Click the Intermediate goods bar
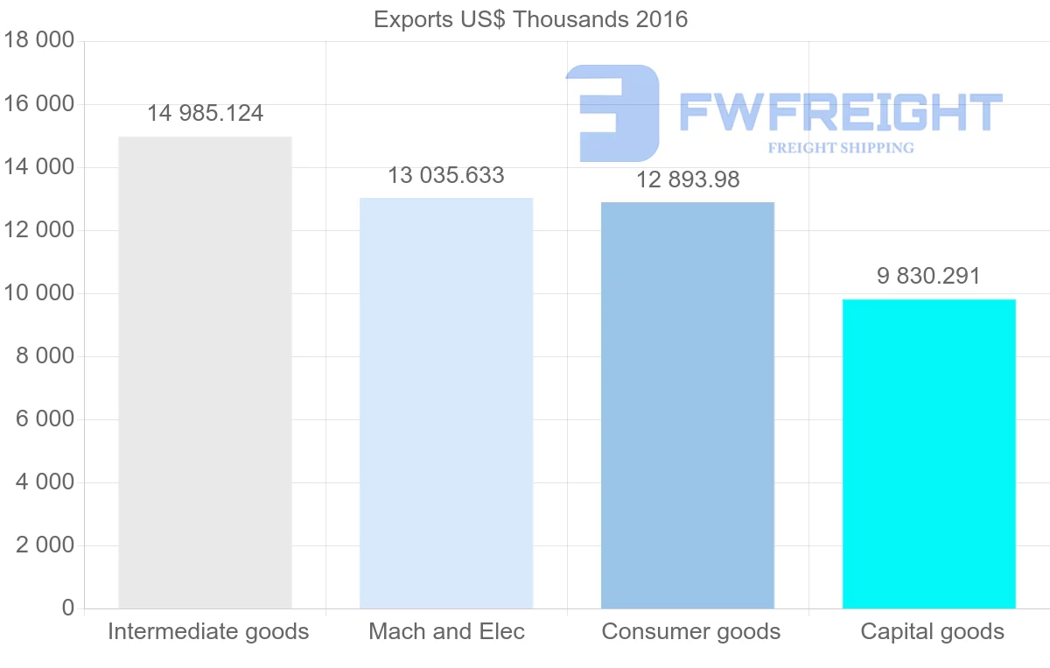click(x=205, y=372)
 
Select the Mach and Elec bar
click(x=446, y=403)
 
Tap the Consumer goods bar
click(x=688, y=405)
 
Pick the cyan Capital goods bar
click(x=929, y=454)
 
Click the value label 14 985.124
click(x=205, y=114)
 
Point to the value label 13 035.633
click(x=446, y=176)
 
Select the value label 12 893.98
click(x=688, y=180)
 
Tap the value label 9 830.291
click(x=929, y=277)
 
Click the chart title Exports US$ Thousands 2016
click(x=530, y=19)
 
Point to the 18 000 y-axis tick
click(x=38, y=41)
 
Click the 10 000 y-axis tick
click(x=38, y=293)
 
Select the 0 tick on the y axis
click(x=67, y=608)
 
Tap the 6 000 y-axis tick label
click(x=45, y=419)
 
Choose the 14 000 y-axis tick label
click(x=38, y=167)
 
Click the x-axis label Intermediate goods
click(x=208, y=632)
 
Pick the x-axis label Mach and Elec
click(x=446, y=632)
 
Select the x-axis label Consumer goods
click(x=691, y=632)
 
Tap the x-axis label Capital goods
click(x=933, y=632)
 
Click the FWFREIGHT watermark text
click(x=840, y=112)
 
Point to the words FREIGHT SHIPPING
click(x=841, y=148)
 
